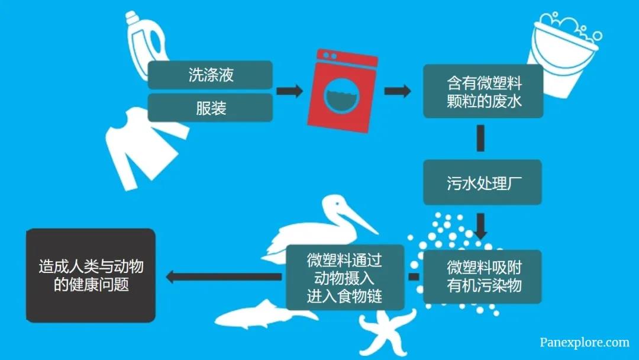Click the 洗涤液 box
coord(210,75)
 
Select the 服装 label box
coord(210,108)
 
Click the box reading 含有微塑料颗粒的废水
coord(483,91)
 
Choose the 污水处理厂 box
coord(483,182)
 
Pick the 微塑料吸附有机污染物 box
coord(483,276)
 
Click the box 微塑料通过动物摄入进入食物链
coord(344,277)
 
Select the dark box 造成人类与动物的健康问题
coord(91,275)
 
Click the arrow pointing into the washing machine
coord(289,91)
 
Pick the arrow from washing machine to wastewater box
coord(397,91)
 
